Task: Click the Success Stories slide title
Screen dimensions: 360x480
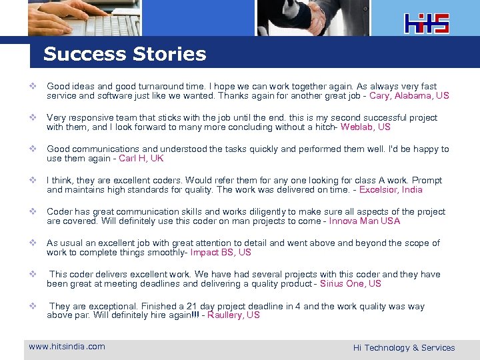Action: pyautogui.click(x=125, y=54)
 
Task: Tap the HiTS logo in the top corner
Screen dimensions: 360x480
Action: pyautogui.click(x=427, y=23)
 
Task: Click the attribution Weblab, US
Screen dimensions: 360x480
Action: pyautogui.click(x=365, y=127)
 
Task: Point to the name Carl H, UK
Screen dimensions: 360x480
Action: pyautogui.click(x=141, y=158)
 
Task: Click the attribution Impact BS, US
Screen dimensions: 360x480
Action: pyautogui.click(x=221, y=252)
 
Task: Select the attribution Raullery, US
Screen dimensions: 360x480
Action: pyautogui.click(x=233, y=315)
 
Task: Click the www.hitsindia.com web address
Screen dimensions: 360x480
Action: pyautogui.click(x=67, y=346)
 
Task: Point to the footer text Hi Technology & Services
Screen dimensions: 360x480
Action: pyautogui.click(x=404, y=347)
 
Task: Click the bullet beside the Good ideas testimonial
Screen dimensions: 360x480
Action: pyautogui.click(x=32, y=87)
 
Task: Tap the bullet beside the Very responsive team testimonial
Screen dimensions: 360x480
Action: pyautogui.click(x=32, y=118)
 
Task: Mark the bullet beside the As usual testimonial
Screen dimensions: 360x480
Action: pyautogui.click(x=32, y=243)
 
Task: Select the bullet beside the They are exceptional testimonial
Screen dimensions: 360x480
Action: pyautogui.click(x=32, y=306)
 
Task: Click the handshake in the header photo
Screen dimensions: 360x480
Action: pyautogui.click(x=313, y=16)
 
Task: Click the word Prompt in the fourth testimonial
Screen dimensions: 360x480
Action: pyautogui.click(x=427, y=180)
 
